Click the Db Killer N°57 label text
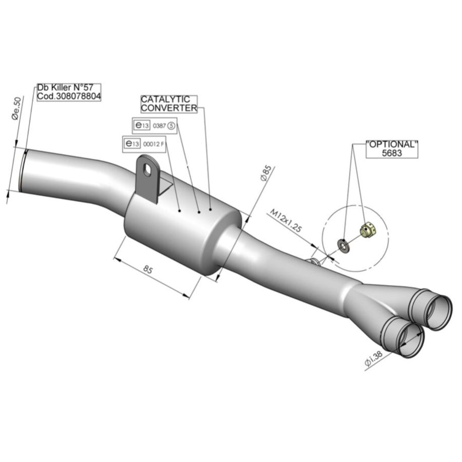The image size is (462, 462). tap(65, 87)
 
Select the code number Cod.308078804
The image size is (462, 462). tap(69, 96)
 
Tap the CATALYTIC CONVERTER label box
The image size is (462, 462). tap(169, 104)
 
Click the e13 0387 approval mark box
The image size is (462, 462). tap(154, 126)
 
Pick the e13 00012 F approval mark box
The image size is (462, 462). tap(144, 144)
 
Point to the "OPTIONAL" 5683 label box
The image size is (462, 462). tap(392, 149)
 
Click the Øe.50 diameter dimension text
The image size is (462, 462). tap(17, 109)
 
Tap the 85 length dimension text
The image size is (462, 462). tap(147, 269)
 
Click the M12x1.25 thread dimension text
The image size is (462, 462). tap(286, 220)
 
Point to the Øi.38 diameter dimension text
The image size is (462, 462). tap(373, 359)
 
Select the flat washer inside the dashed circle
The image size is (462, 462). tap(343, 245)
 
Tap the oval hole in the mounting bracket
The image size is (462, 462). tap(147, 169)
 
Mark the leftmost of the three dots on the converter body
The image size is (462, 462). tap(180, 210)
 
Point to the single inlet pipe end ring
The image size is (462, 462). tap(23, 171)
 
